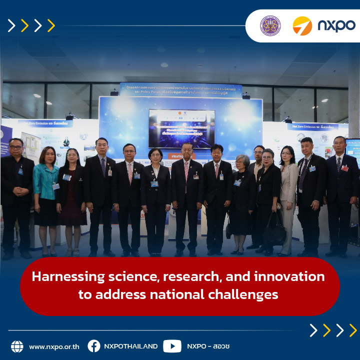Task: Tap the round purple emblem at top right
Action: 270,25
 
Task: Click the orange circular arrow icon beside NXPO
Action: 302,25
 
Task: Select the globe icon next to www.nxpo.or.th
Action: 17,346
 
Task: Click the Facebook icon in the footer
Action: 93,346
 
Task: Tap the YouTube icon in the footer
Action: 172,346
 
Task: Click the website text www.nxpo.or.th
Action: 53,346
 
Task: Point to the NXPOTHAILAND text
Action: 130,346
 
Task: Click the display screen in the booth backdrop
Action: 181,128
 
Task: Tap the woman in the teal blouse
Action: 46,195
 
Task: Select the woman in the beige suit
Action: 288,195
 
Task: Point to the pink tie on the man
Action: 130,172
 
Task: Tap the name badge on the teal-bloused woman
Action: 55,186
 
